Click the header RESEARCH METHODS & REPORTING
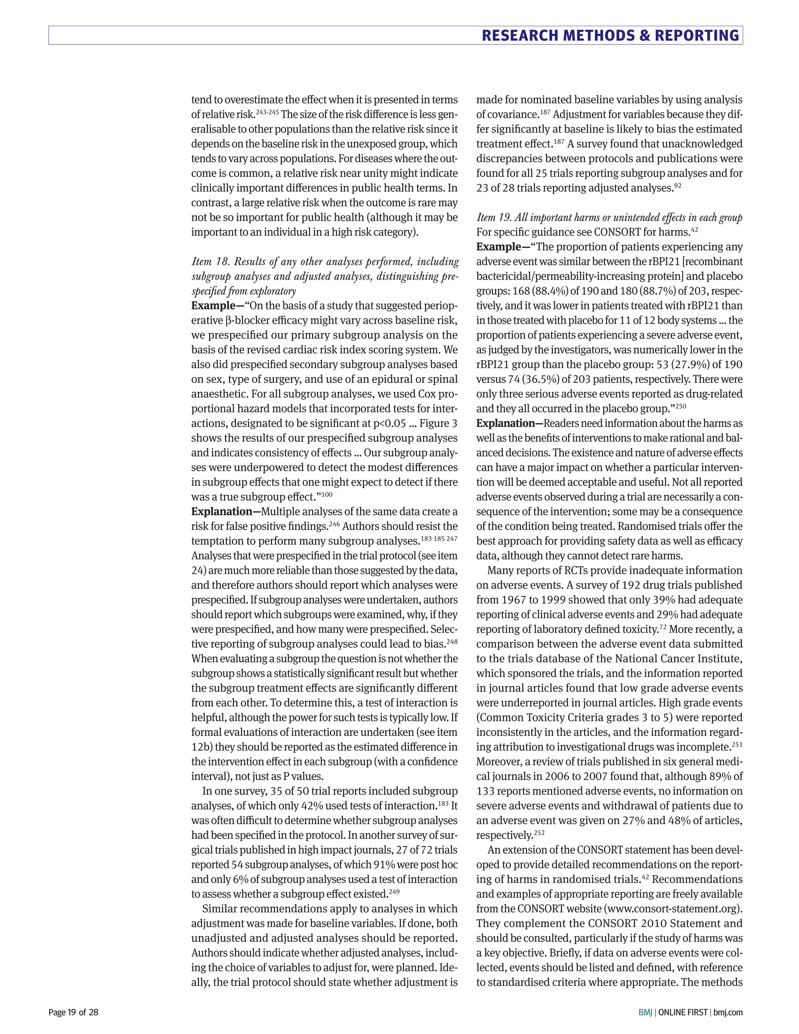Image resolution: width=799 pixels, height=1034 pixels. (610, 36)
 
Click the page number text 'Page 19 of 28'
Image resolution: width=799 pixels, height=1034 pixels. (73, 1013)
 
